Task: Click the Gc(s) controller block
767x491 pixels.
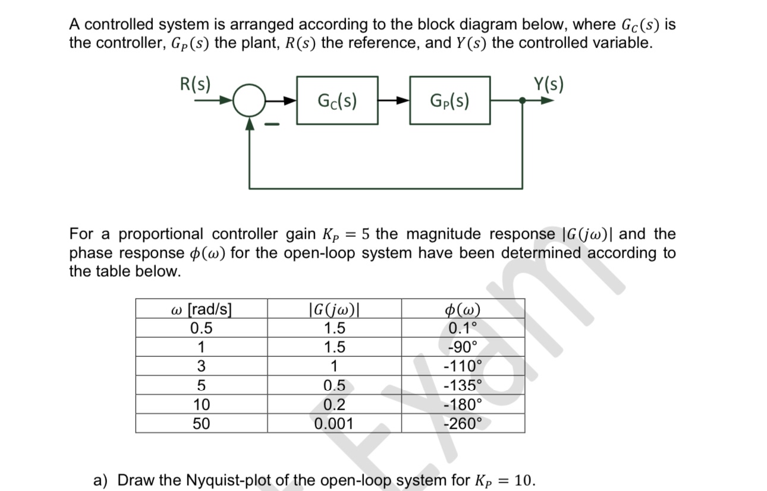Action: pyautogui.click(x=337, y=100)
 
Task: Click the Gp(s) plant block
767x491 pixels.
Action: pyautogui.click(x=449, y=100)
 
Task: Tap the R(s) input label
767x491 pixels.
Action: pyautogui.click(x=195, y=84)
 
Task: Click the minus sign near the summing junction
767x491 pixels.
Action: pyautogui.click(x=274, y=125)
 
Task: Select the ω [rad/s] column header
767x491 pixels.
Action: pyautogui.click(x=201, y=309)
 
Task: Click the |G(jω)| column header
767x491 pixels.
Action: pyautogui.click(x=334, y=309)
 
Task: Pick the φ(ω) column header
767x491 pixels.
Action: pyautogui.click(x=463, y=309)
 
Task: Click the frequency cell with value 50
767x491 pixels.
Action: pyautogui.click(x=202, y=423)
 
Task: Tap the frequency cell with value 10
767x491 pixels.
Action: pyautogui.click(x=202, y=404)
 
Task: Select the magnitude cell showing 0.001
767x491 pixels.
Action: pyautogui.click(x=334, y=423)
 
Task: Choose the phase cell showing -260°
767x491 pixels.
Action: pyautogui.click(x=463, y=423)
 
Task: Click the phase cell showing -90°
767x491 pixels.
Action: pyautogui.click(x=463, y=347)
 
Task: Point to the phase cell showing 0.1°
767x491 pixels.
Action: pyautogui.click(x=463, y=328)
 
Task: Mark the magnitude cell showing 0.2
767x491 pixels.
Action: pyautogui.click(x=334, y=404)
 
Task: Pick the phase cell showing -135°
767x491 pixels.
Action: pyautogui.click(x=463, y=385)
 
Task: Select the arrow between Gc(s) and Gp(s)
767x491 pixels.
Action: pyautogui.click(x=393, y=101)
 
